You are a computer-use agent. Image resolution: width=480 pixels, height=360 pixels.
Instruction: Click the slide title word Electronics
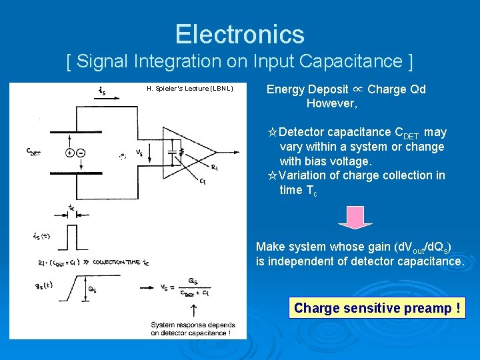point(239,34)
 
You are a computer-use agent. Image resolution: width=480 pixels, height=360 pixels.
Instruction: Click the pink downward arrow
point(355,217)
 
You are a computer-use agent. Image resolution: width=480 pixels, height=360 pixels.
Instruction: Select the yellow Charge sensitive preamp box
point(377,308)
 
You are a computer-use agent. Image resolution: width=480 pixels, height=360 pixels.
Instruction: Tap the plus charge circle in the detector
point(70,153)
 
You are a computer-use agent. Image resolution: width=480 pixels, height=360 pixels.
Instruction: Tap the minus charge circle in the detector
point(81,153)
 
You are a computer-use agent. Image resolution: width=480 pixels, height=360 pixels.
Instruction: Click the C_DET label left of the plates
point(33,153)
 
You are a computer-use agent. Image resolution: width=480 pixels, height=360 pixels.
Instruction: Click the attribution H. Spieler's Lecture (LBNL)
point(189,89)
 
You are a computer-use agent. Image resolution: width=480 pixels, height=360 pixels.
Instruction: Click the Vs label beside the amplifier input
point(139,153)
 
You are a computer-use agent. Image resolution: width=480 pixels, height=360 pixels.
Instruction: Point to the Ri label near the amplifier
point(214,167)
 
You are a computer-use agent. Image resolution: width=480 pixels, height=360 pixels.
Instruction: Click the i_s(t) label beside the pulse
point(41,235)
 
